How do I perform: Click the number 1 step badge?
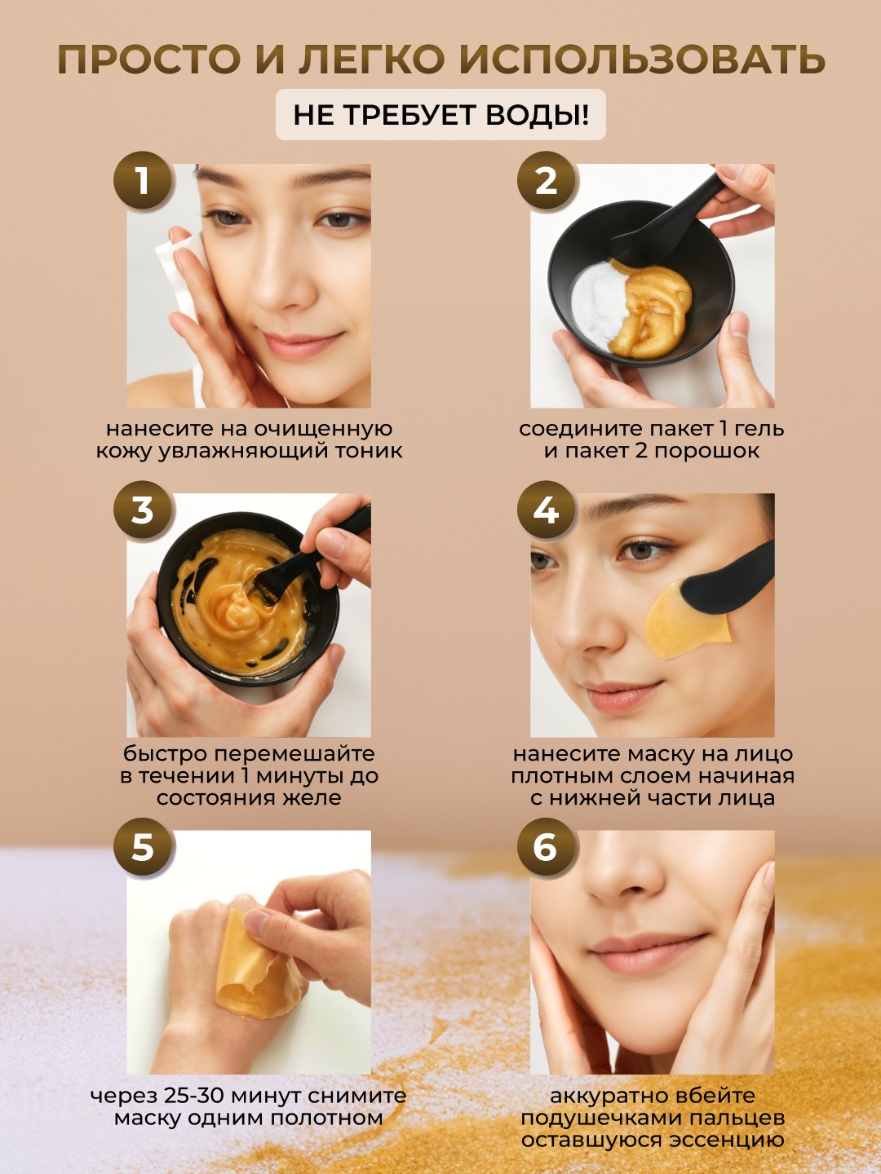(x=142, y=180)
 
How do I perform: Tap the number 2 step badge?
(x=547, y=180)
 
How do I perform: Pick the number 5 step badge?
(x=142, y=847)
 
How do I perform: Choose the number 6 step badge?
(x=547, y=847)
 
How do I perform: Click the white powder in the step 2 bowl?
(x=599, y=306)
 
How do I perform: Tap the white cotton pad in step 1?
(x=182, y=289)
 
